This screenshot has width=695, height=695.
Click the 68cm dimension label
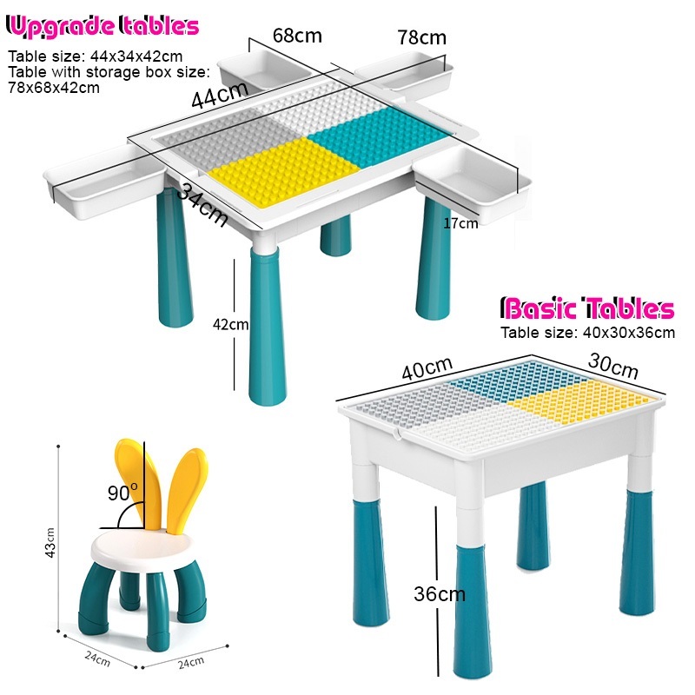(297, 36)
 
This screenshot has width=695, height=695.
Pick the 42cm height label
(230, 325)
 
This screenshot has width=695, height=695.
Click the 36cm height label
(440, 594)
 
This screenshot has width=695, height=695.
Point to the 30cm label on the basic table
(613, 367)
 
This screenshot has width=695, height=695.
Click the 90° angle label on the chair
(122, 493)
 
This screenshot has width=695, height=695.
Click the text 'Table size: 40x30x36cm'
(587, 332)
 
